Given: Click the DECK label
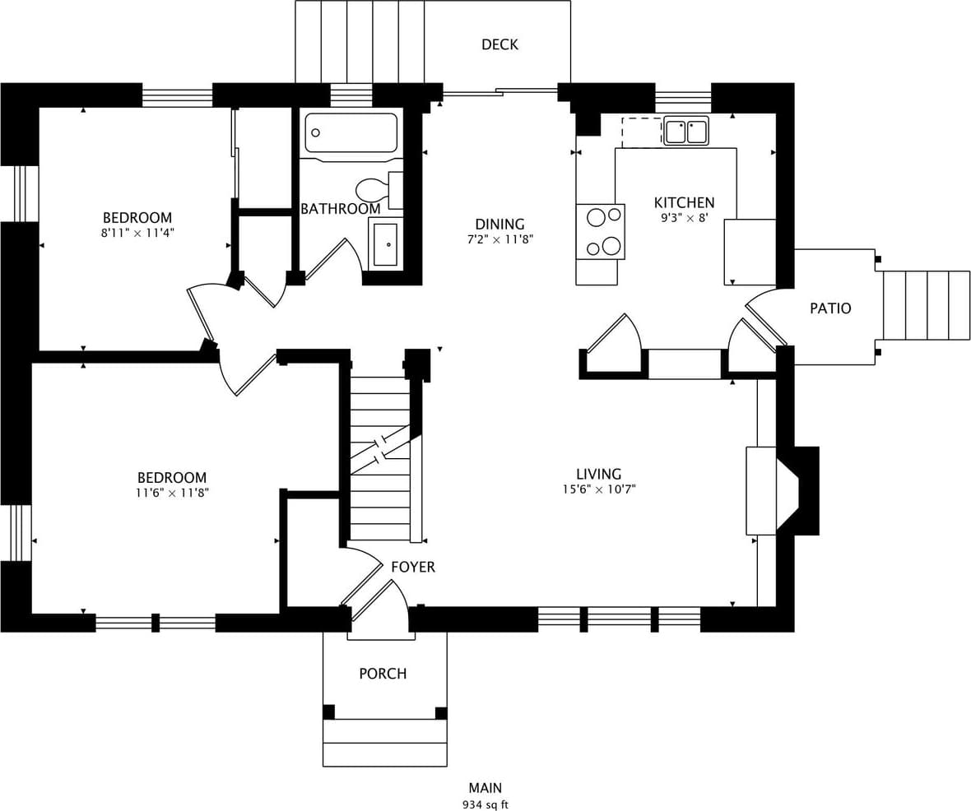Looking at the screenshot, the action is point(499,44).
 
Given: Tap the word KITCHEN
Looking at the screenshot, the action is point(684,202).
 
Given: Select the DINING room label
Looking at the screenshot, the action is point(499,224).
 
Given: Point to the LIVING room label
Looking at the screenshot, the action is point(598,474).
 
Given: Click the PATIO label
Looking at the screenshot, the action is point(830,308).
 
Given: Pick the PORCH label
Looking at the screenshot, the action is point(383,674).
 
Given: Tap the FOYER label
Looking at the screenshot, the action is point(413,567).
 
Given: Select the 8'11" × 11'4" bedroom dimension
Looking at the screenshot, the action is point(137,233).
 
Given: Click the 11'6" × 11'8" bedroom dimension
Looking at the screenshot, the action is point(172,493).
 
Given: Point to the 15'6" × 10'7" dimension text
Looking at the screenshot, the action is point(598,489).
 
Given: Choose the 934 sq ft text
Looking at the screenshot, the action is point(485,804).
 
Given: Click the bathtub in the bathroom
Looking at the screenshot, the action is point(351,132).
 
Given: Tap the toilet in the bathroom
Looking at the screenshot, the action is point(375,190).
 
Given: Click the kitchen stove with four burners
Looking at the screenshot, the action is point(601,231).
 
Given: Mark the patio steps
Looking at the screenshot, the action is point(927,305).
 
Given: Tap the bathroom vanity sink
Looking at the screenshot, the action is point(385,244).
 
